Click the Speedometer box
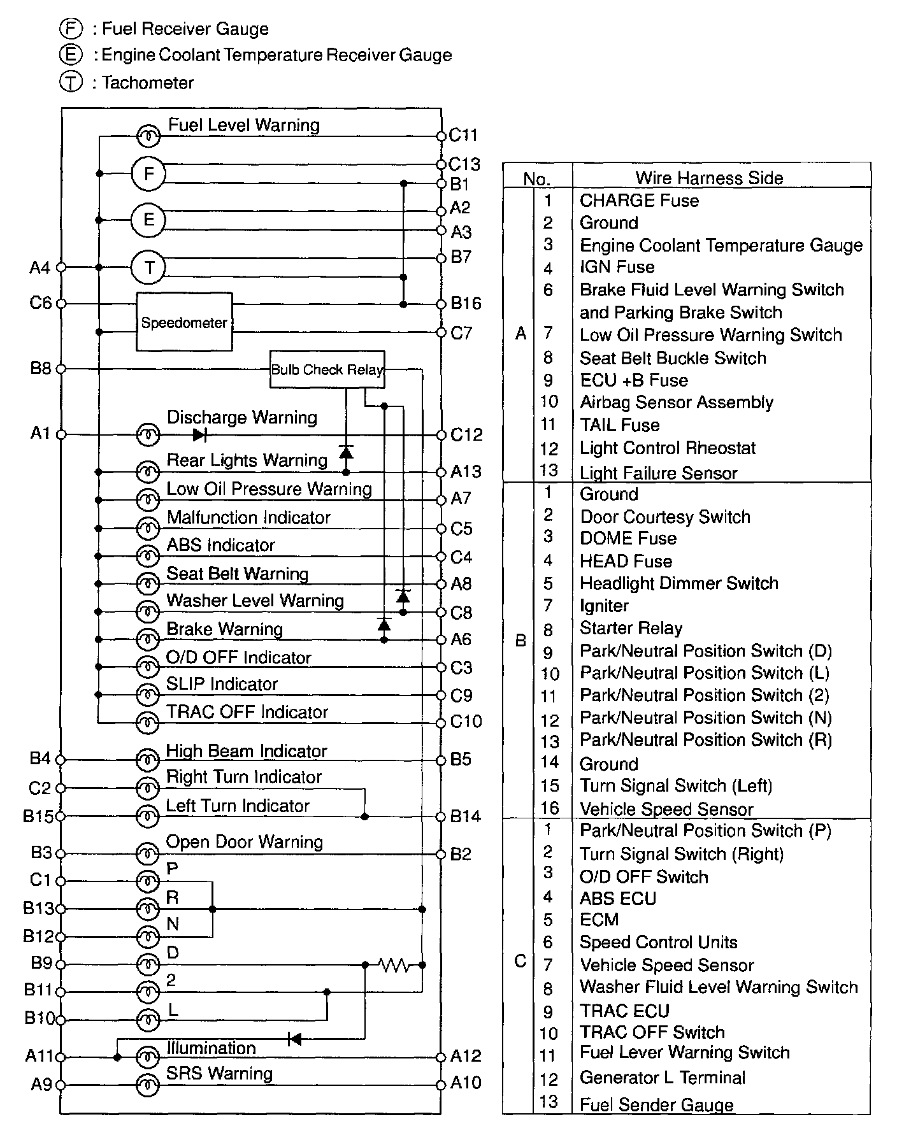[184, 322]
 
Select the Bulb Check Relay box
[327, 369]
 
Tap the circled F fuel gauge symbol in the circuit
[148, 174]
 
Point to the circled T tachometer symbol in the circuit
[148, 267]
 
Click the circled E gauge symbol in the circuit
[148, 220]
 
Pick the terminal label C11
[463, 135]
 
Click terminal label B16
[466, 303]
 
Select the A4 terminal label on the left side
[39, 267]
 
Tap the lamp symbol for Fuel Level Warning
[148, 136]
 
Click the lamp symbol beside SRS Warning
[148, 1085]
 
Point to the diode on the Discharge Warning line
[199, 435]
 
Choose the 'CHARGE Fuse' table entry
[639, 201]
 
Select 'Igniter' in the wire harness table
[604, 606]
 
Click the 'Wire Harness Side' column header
[709, 178]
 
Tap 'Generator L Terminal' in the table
[662, 1078]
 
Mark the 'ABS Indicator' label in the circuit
[220, 545]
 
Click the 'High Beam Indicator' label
[246, 751]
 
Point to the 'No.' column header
[536, 179]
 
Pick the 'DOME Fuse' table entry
[628, 539]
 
